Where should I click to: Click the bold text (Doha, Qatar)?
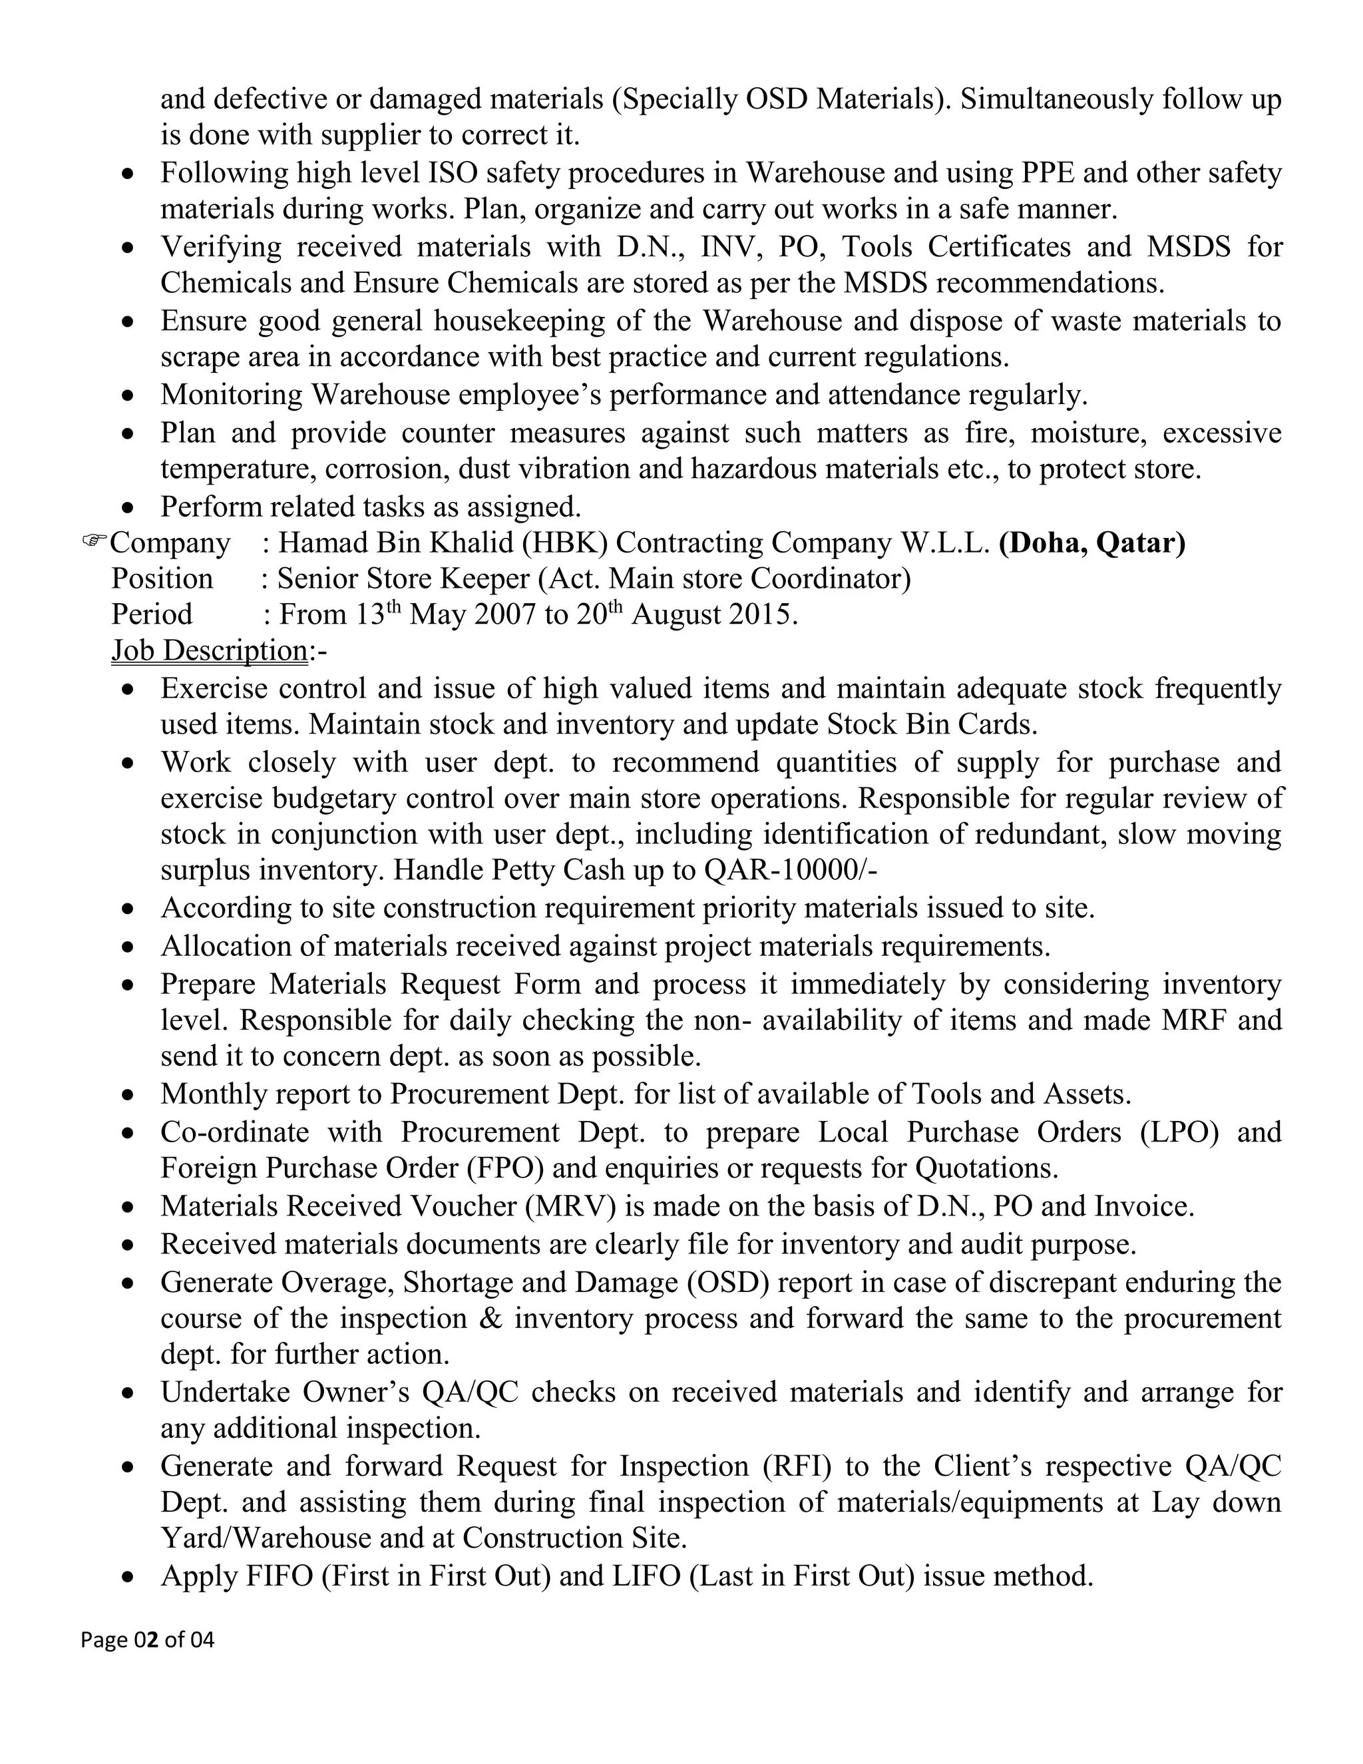click(1091, 543)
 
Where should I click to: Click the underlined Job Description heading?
click(209, 650)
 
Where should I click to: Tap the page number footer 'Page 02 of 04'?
click(148, 1640)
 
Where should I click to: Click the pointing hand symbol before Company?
click(95, 541)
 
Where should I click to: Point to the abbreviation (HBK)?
click(564, 543)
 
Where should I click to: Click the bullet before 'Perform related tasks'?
click(128, 509)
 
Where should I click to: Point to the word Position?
click(162, 579)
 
